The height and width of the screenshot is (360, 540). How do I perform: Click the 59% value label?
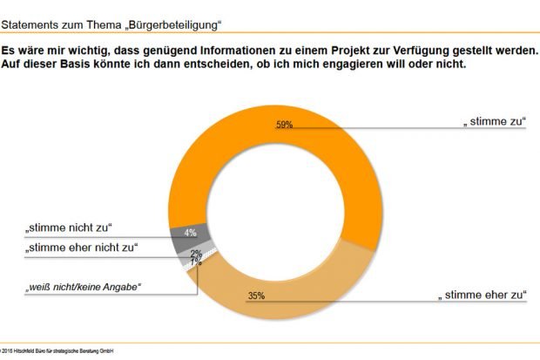(x=285, y=125)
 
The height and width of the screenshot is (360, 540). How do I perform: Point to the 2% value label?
(x=196, y=253)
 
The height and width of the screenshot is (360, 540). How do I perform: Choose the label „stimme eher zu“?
(x=482, y=296)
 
